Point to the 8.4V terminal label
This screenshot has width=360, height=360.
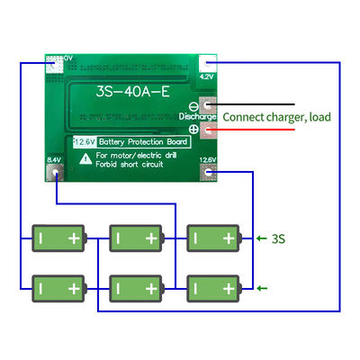tap(53, 160)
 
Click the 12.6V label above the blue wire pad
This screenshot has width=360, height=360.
tap(209, 160)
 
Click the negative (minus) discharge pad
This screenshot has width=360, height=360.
tap(209, 105)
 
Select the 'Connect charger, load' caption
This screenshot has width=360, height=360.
tap(277, 117)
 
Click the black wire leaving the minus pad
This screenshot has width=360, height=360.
tap(270, 105)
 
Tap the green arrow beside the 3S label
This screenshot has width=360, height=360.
tap(262, 238)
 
